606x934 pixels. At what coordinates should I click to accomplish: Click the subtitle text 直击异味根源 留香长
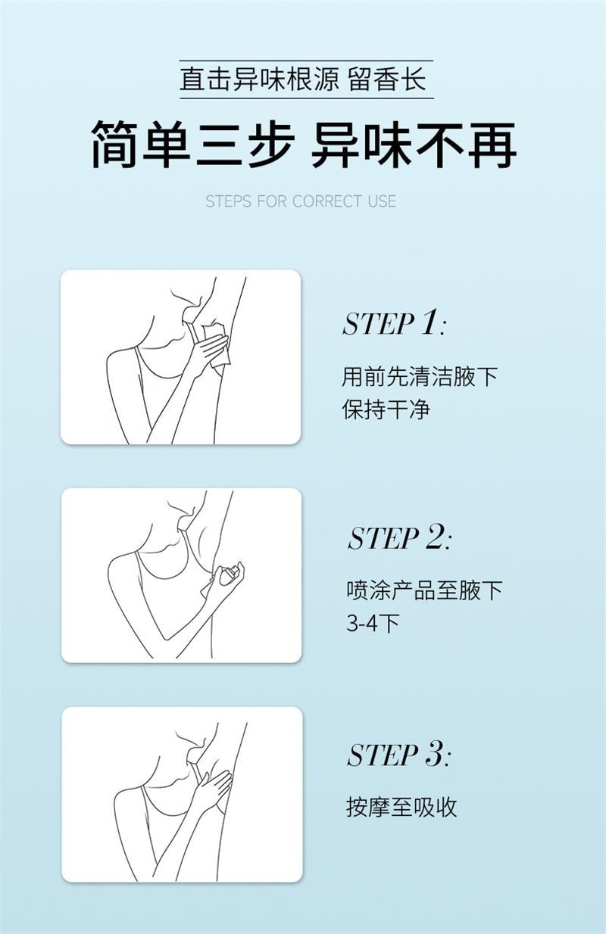pos(303,79)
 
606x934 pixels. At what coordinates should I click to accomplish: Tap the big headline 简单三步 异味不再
pos(303,144)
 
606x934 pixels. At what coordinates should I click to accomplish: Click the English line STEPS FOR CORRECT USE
pos(301,201)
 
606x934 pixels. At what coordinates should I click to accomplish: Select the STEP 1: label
pos(393,324)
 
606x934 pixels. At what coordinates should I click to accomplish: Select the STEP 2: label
pos(398,539)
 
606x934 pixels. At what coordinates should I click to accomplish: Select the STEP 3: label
pos(398,755)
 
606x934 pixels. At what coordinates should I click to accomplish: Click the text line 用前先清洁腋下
pos(420,376)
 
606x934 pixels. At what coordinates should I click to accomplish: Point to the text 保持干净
pos(386,409)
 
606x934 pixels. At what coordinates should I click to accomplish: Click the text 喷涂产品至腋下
pos(423,590)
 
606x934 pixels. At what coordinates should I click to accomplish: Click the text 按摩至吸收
pos(401,807)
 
